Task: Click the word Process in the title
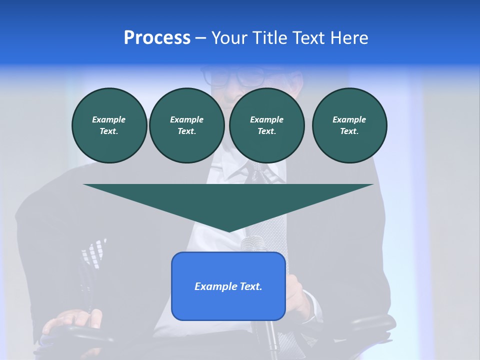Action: [x=157, y=38]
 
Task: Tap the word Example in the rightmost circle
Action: [x=349, y=119]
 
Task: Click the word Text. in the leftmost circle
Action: [x=109, y=131]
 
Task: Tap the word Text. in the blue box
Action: [x=250, y=286]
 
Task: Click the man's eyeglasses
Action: [x=232, y=76]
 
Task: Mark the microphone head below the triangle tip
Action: [x=252, y=243]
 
